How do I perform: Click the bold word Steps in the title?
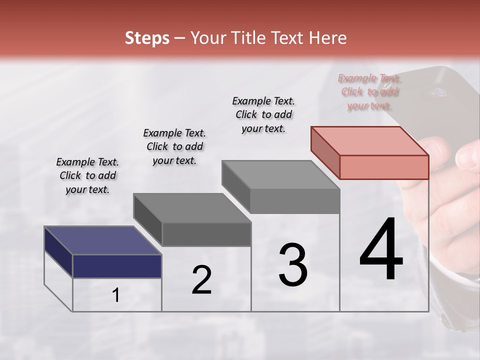point(147,38)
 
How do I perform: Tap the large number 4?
point(381,250)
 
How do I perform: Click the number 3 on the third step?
point(292,265)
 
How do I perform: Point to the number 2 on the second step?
point(201,280)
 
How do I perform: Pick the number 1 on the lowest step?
point(116,295)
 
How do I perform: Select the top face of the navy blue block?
point(102,240)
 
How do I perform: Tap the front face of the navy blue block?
point(117,266)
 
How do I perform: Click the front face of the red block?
point(384,167)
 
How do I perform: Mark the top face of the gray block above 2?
point(192,207)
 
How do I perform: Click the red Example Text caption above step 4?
point(369,91)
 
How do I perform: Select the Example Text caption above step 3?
point(263,114)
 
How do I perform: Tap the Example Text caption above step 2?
point(174,146)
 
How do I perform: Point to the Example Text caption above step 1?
point(87,175)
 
